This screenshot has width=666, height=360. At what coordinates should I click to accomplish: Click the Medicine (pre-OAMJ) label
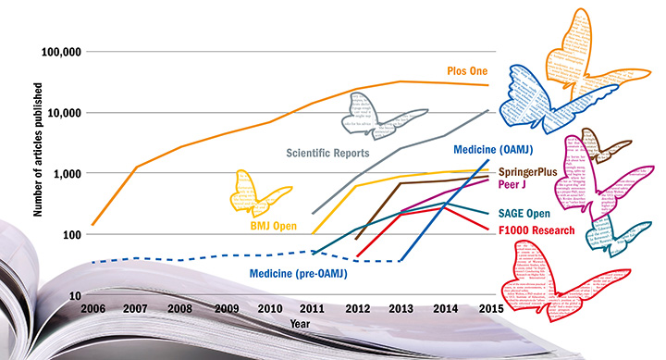click(x=303, y=272)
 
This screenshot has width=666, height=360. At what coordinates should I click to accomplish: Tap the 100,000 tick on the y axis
click(x=56, y=52)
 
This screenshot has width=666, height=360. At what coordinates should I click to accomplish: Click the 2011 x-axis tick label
click(x=312, y=309)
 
